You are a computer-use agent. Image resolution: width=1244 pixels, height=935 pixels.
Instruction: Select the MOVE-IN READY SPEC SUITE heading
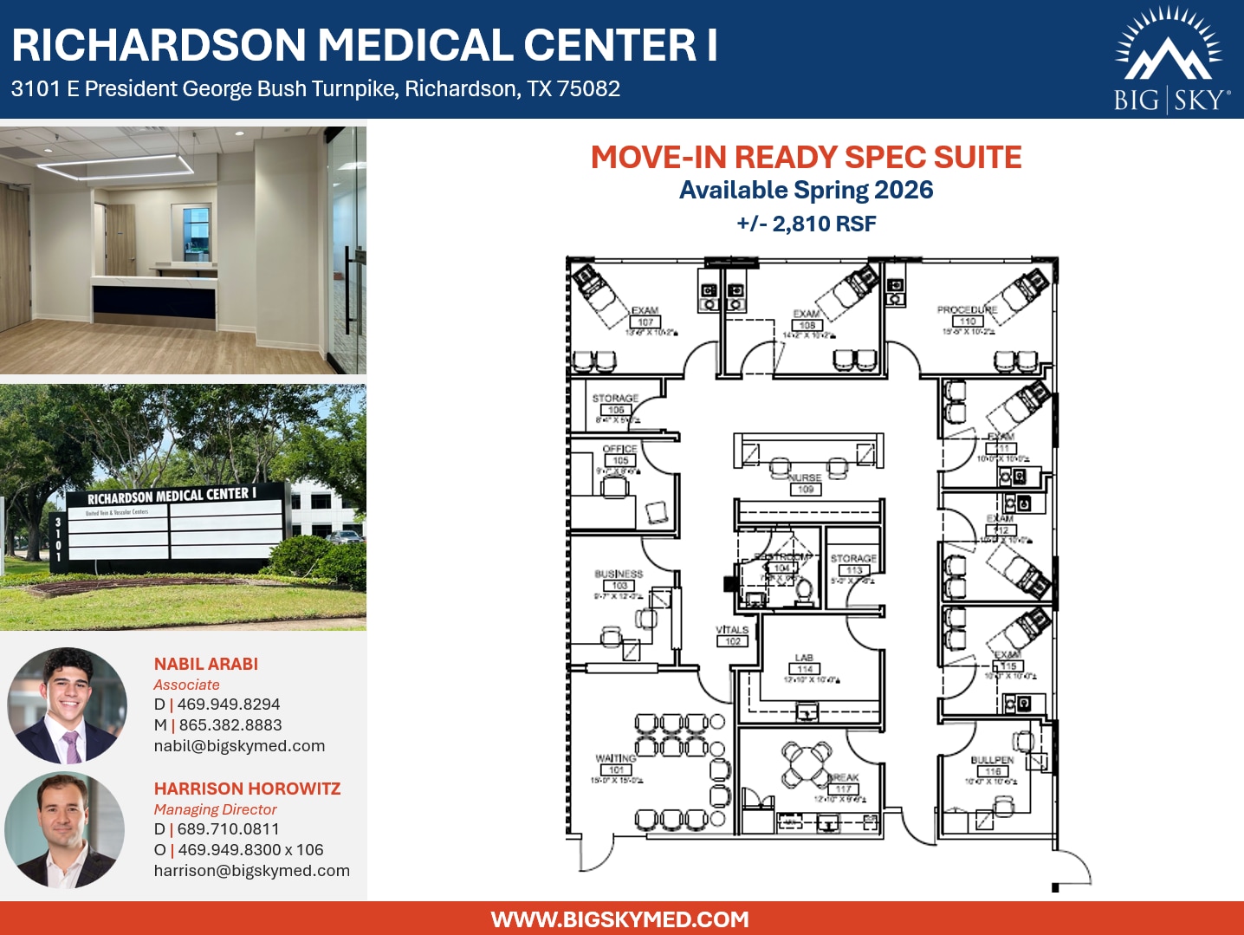coord(806,158)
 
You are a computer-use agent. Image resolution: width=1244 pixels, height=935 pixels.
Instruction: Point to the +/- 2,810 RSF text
coord(806,224)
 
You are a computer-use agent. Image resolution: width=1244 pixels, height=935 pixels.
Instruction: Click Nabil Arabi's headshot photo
coord(68,704)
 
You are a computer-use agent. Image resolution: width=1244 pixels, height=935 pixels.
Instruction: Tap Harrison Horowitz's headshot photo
coord(65,830)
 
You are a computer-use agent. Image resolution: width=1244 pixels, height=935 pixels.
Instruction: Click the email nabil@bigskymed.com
coord(239,746)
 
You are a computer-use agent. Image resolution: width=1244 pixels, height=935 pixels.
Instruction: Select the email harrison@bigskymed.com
coord(251,871)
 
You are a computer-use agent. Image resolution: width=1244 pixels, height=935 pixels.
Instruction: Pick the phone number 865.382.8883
coord(230,725)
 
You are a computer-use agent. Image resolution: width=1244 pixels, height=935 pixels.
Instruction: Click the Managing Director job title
coord(215,809)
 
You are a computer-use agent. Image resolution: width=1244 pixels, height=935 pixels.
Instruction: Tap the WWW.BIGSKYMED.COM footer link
coord(619,919)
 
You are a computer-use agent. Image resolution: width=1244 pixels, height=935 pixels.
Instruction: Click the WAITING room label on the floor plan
coord(615,758)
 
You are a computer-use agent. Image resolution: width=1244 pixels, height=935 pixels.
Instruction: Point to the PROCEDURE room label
coord(967,309)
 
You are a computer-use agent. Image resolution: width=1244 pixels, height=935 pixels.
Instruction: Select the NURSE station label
coord(805,477)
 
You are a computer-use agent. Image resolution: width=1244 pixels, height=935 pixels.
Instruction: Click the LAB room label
coord(804,658)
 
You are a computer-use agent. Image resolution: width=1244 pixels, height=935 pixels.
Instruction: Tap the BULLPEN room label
coord(992,760)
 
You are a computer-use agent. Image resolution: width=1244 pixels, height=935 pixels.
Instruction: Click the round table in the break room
coord(806,763)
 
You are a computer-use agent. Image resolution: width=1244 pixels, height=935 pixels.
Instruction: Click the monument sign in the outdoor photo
coord(173,524)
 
